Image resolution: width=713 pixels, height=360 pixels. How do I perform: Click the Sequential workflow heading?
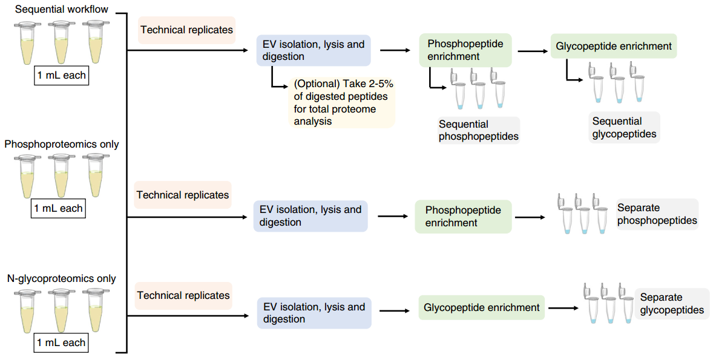(x=61, y=10)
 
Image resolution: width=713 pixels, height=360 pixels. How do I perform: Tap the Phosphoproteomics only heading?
(x=62, y=144)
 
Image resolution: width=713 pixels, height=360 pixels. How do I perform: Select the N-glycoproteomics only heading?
(x=61, y=278)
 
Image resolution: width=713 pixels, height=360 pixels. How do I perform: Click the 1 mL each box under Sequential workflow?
(x=61, y=75)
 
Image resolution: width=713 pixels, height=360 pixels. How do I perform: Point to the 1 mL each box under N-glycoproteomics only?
(x=61, y=342)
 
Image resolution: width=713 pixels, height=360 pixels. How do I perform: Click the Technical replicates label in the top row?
(x=186, y=30)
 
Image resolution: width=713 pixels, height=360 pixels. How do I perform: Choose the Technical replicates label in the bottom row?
(x=183, y=295)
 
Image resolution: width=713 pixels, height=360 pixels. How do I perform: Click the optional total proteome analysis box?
(x=342, y=102)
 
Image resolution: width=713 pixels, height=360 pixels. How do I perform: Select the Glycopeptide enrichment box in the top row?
(x=613, y=46)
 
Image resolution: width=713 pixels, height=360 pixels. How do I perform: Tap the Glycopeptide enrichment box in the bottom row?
(x=482, y=308)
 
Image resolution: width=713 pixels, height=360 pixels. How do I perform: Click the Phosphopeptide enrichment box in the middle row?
(x=463, y=217)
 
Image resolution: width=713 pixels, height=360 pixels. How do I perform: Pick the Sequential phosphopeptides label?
(x=478, y=131)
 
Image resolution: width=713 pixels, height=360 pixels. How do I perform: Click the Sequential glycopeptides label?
(x=624, y=128)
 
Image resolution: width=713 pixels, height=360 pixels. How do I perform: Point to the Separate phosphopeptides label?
(x=657, y=214)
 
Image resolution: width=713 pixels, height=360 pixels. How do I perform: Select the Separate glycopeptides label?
(x=672, y=304)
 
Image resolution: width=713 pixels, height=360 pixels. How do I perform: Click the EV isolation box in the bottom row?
(x=314, y=313)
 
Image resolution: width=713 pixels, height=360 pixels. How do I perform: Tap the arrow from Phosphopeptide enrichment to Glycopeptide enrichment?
(x=533, y=51)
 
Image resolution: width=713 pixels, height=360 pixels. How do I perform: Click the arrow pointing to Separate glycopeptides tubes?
(x=563, y=308)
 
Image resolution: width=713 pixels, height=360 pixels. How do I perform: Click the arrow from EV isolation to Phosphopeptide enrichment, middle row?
(x=393, y=217)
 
